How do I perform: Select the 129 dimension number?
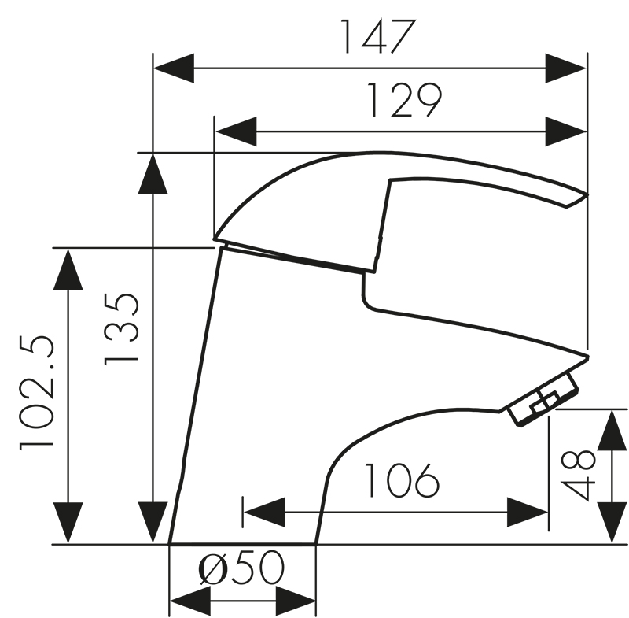pos(404,101)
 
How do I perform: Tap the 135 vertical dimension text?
pos(122,329)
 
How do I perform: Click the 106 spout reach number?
pos(402,480)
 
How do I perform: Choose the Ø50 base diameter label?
pos(241,568)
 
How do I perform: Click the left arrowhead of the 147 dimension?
pos(174,68)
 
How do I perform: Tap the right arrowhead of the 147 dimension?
pos(565,68)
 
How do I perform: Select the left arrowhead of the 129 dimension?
pos(236,131)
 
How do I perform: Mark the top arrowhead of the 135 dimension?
pos(153,173)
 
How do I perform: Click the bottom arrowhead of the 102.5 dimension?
pos(68,523)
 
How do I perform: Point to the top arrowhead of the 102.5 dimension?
pos(68,269)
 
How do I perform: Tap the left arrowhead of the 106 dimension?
pos(264,512)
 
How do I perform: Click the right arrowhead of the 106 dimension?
pos(527,512)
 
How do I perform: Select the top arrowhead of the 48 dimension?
pos(612,430)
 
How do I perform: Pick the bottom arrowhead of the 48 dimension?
pos(612,523)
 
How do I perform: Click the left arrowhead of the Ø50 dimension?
pos(190,601)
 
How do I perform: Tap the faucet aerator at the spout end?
pos(542,400)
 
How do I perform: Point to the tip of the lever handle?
pos(587,194)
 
